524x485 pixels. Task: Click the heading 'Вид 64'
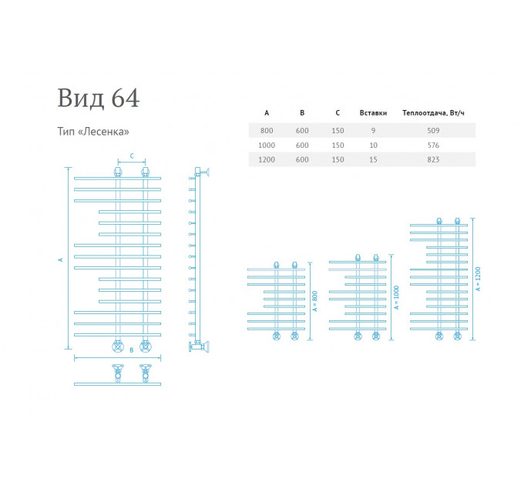(x=99, y=98)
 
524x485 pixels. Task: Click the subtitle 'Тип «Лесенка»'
(x=93, y=132)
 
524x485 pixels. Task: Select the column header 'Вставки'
(x=373, y=113)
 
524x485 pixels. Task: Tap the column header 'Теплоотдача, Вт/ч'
(x=433, y=113)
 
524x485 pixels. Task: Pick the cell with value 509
(x=433, y=131)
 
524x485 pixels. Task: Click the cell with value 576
(x=433, y=145)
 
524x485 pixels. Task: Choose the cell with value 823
(x=433, y=159)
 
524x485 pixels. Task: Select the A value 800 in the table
(x=267, y=131)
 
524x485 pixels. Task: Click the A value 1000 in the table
(x=267, y=145)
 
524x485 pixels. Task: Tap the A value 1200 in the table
(x=267, y=159)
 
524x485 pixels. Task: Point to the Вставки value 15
(x=373, y=159)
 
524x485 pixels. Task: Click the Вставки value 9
(x=373, y=131)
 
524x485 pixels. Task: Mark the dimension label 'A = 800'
(x=315, y=301)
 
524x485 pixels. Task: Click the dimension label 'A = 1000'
(x=396, y=297)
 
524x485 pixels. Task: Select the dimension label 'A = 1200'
(x=478, y=279)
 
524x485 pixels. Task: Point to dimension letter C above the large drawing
(x=132, y=156)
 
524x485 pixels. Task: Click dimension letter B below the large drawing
(x=132, y=350)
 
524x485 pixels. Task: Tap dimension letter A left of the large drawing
(x=60, y=259)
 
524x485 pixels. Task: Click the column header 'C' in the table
(x=338, y=113)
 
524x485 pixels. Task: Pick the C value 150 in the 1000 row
(x=338, y=145)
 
